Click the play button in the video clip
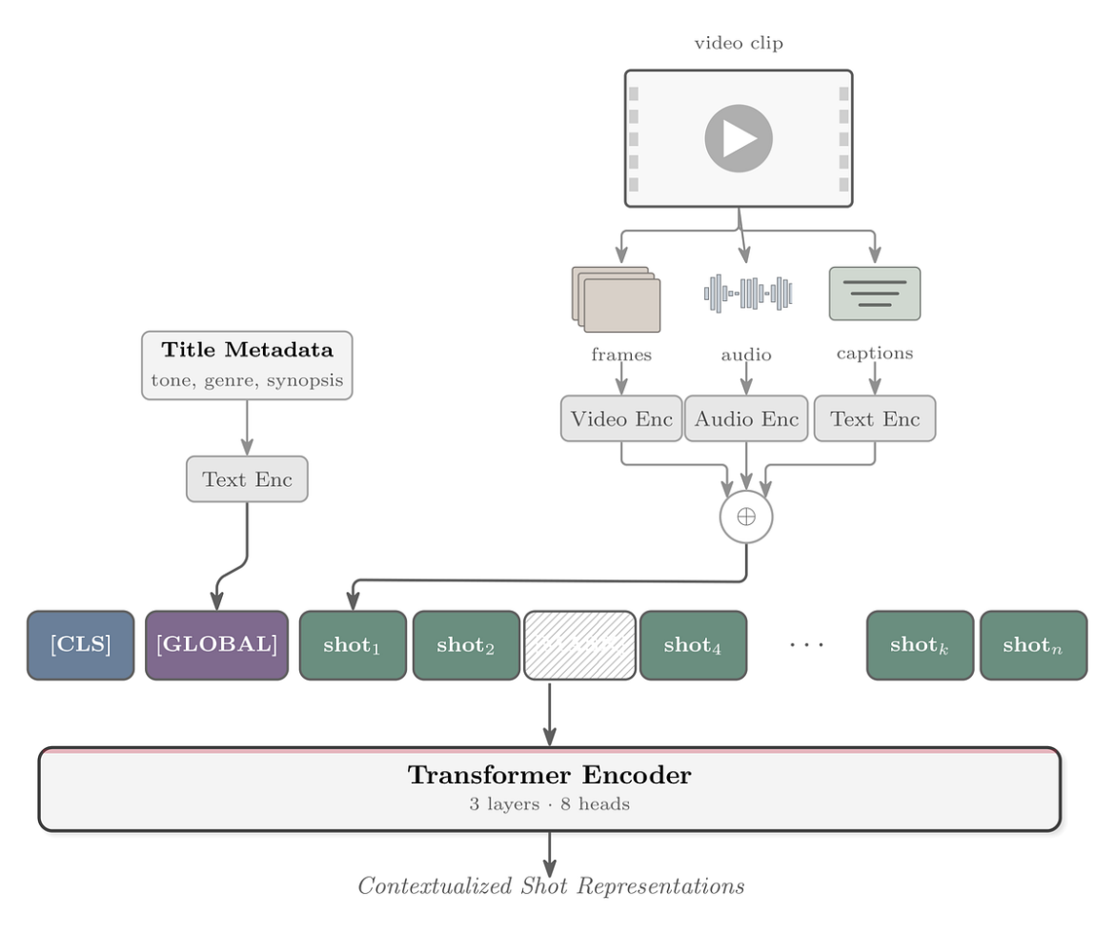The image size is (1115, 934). (739, 138)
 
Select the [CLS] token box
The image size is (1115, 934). (81, 645)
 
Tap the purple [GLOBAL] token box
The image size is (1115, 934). (216, 645)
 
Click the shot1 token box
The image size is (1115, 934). (353, 645)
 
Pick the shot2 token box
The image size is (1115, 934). (466, 645)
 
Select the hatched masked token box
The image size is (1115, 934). (579, 645)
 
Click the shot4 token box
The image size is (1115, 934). (693, 645)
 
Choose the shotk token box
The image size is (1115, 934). (920, 645)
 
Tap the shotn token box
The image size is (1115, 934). (1033, 645)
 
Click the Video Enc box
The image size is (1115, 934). (621, 418)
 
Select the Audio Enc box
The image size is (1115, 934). (746, 418)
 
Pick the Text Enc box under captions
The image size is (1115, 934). (875, 418)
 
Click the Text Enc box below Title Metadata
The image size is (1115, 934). (247, 478)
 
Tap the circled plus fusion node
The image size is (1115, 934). (746, 517)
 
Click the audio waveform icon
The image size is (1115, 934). (748, 294)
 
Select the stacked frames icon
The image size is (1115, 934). (617, 299)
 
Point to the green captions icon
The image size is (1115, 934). (875, 294)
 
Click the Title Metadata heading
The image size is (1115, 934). (247, 350)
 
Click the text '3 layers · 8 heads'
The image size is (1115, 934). (549, 804)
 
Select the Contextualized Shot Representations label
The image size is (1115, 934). (551, 886)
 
